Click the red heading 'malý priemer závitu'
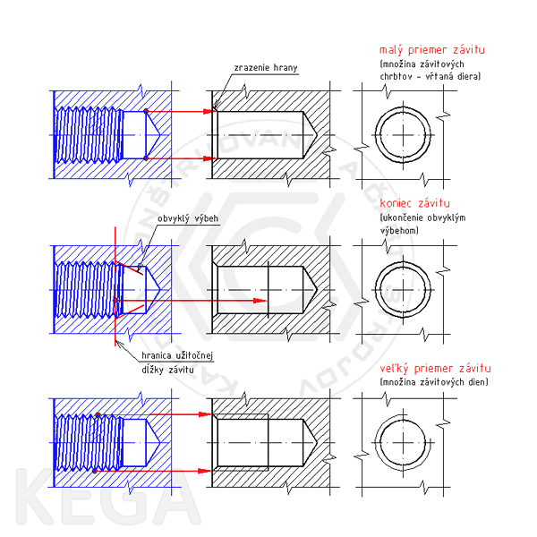click(x=432, y=50)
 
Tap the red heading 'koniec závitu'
click(x=414, y=203)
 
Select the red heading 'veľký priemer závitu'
click(x=435, y=369)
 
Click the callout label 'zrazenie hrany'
click(x=266, y=68)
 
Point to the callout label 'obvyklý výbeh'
click(x=188, y=218)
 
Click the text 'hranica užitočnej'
click(x=177, y=356)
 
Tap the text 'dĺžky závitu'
click(x=167, y=370)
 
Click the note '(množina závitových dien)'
click(x=434, y=382)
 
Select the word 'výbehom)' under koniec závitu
click(x=399, y=231)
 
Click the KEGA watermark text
click(x=108, y=496)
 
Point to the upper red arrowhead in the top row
click(x=209, y=111)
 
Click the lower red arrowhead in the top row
click(x=209, y=158)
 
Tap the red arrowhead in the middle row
click(x=260, y=301)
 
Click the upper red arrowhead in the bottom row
click(x=205, y=414)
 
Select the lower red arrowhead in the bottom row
click(x=205, y=471)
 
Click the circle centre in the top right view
click(x=403, y=135)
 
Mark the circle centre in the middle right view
click(x=403, y=290)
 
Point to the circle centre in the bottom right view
click(x=403, y=443)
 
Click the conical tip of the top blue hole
click(x=160, y=135)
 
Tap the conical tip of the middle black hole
click(x=317, y=290)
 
